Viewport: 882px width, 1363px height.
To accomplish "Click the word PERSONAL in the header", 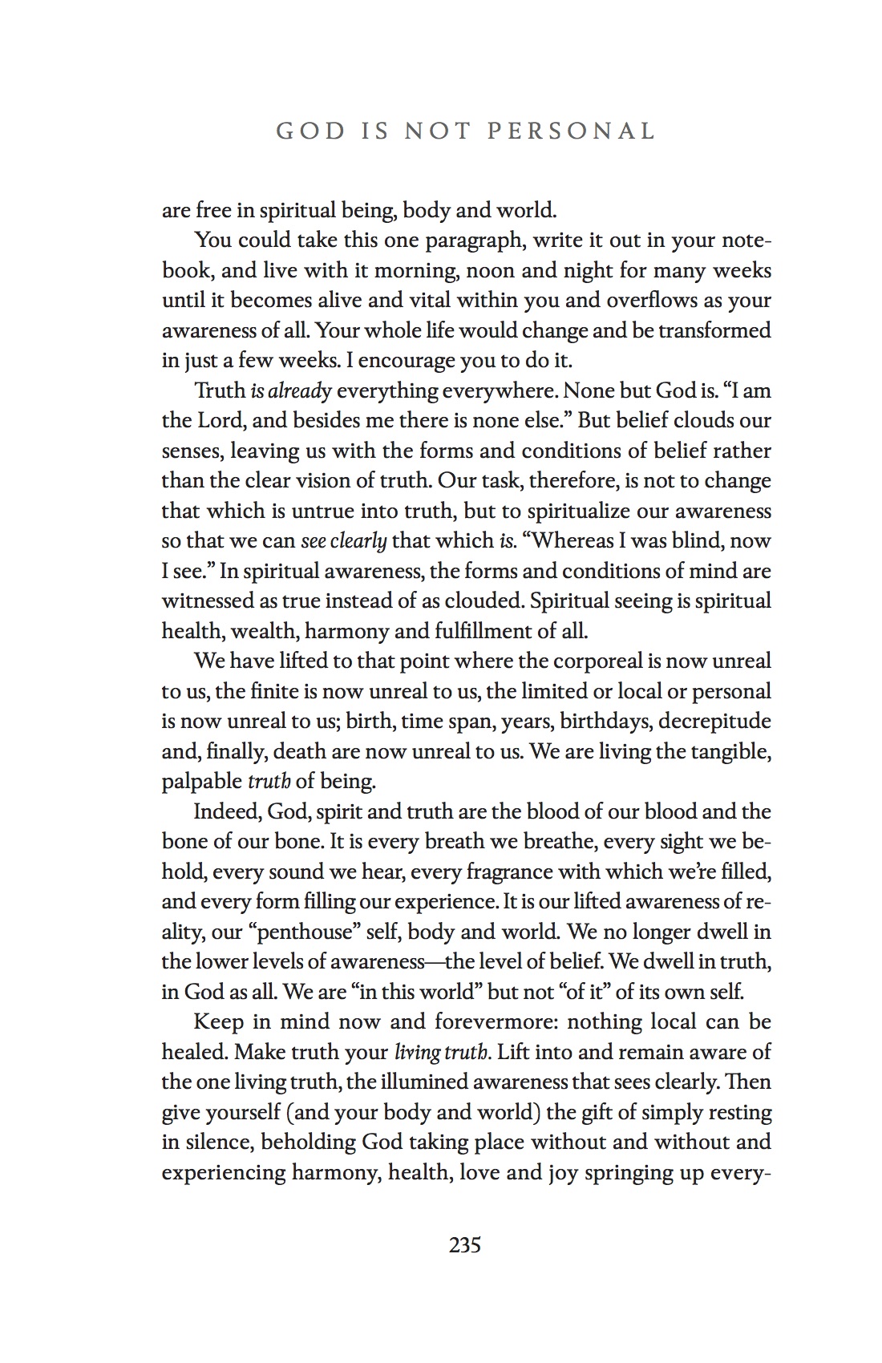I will click(572, 131).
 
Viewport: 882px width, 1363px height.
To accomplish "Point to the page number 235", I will click(465, 1245).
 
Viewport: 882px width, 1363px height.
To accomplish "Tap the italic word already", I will click(299, 391).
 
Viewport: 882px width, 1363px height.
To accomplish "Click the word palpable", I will click(201, 781).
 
